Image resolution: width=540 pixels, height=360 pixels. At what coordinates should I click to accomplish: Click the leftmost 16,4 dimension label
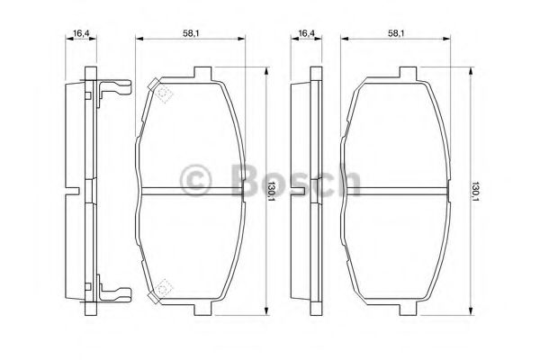pos(81,33)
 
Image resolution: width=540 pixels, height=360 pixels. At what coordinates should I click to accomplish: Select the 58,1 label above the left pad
pos(191,33)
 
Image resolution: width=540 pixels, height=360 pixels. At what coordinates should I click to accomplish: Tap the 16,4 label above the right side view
pos(307,33)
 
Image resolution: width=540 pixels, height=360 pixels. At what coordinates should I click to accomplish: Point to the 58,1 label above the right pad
pos(396,33)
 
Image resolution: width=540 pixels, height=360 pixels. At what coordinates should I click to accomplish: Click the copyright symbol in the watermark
pos(195,179)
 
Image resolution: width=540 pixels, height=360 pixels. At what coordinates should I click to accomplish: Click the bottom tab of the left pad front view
pos(202,310)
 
